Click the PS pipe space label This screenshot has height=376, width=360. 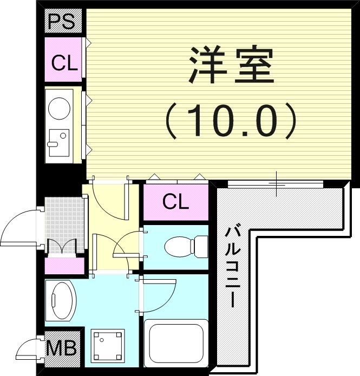click(61, 21)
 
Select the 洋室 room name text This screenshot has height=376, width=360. click(231, 65)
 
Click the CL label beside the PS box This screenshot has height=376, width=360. click(64, 63)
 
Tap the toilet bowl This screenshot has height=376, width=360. click(178, 247)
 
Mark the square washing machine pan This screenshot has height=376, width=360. click(108, 346)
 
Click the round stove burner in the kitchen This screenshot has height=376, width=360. click(60, 108)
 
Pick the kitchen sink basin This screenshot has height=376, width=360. click(59, 143)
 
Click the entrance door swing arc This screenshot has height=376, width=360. click(19, 226)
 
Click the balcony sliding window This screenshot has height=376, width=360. click(275, 184)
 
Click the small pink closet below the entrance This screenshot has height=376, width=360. click(64, 266)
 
